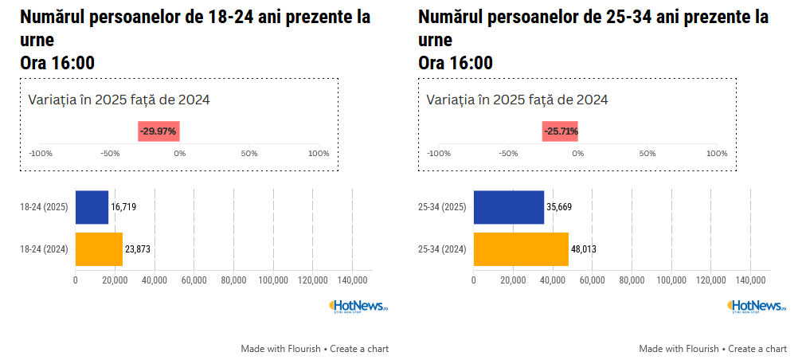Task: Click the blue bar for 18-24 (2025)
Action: pos(92,207)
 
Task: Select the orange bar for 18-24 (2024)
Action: pos(99,248)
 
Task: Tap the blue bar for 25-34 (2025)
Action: pos(509,207)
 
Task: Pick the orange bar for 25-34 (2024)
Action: pos(521,248)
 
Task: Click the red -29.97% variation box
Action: pos(158,131)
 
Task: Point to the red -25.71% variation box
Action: pos(561,131)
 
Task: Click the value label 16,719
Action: pos(123,207)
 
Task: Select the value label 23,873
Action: pos(138,249)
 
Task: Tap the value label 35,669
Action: pos(558,207)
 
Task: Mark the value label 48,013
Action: pos(583,249)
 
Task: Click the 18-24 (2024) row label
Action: pos(45,249)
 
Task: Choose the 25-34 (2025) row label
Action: pos(443,207)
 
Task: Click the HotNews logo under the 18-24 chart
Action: pos(358,306)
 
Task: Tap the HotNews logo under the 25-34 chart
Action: pos(757,306)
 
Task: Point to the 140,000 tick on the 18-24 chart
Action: pos(352,280)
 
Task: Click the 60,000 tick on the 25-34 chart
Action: pos(592,280)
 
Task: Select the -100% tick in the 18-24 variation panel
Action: pos(41,154)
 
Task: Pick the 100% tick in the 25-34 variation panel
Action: pos(717,154)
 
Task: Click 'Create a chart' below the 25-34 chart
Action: pos(757,349)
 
